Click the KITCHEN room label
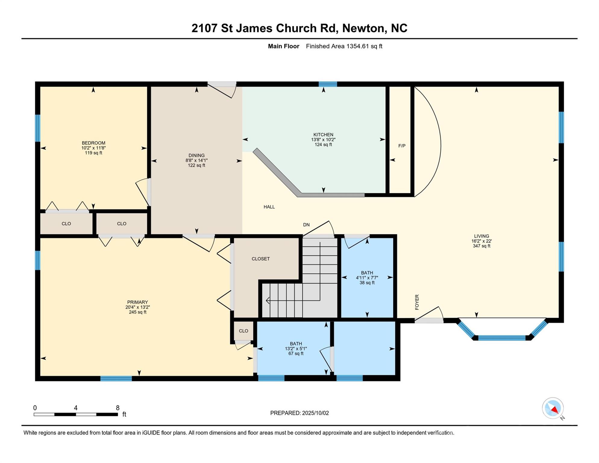point(323,135)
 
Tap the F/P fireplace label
point(402,146)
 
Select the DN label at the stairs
point(306,225)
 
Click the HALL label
point(269,207)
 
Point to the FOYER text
point(417,302)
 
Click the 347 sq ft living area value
point(481,246)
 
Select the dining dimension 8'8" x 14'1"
point(196,161)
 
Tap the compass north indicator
point(553,408)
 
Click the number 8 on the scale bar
point(118,408)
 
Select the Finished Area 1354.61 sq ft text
point(344,46)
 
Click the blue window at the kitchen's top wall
point(328,84)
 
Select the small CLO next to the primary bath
point(243,331)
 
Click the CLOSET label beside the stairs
point(261,259)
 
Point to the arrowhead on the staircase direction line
point(268,301)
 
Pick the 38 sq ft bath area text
point(367,283)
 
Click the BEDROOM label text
point(93,143)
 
